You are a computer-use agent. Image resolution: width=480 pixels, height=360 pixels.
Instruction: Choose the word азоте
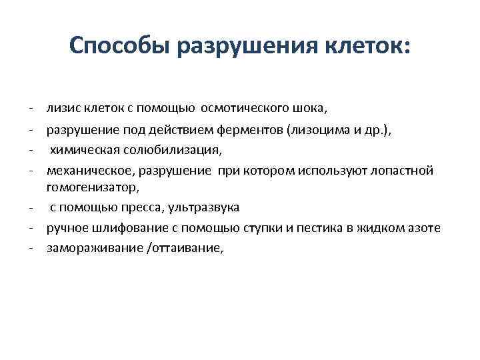coord(425,228)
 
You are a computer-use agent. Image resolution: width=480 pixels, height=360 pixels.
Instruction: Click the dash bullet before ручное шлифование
coord(31,228)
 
